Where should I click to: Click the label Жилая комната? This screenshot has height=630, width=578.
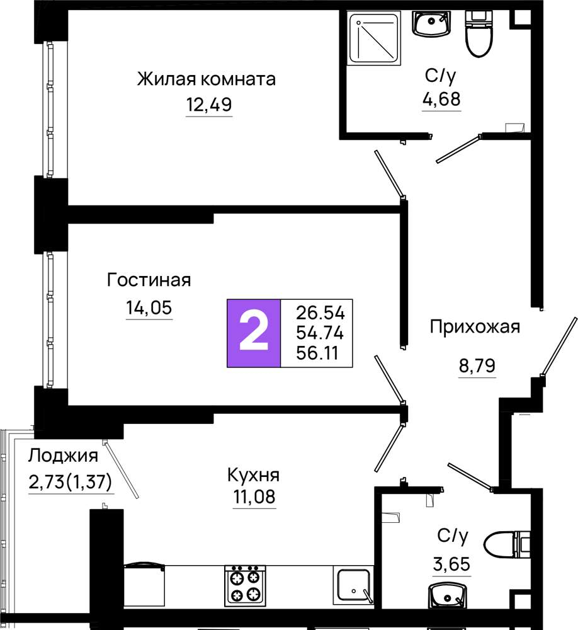(207, 79)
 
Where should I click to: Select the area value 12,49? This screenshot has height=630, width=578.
(209, 105)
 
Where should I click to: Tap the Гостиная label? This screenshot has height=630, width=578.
(149, 280)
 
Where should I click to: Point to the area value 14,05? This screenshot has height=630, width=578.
(149, 308)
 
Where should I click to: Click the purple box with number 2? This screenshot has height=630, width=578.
(254, 333)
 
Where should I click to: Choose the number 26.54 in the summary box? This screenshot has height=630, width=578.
(320, 312)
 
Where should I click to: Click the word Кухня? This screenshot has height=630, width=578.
(254, 475)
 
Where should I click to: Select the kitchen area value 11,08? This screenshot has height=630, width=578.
(254, 496)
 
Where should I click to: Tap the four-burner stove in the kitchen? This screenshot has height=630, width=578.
(245, 585)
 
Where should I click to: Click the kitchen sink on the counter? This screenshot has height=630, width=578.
(353, 585)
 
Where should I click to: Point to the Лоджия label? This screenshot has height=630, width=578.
(63, 456)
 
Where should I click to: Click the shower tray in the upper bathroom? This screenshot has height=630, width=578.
(375, 38)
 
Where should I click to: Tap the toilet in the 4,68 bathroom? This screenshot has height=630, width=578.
(479, 33)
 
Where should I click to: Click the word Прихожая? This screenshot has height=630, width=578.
(475, 326)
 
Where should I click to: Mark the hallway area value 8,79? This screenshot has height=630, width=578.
(477, 365)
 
